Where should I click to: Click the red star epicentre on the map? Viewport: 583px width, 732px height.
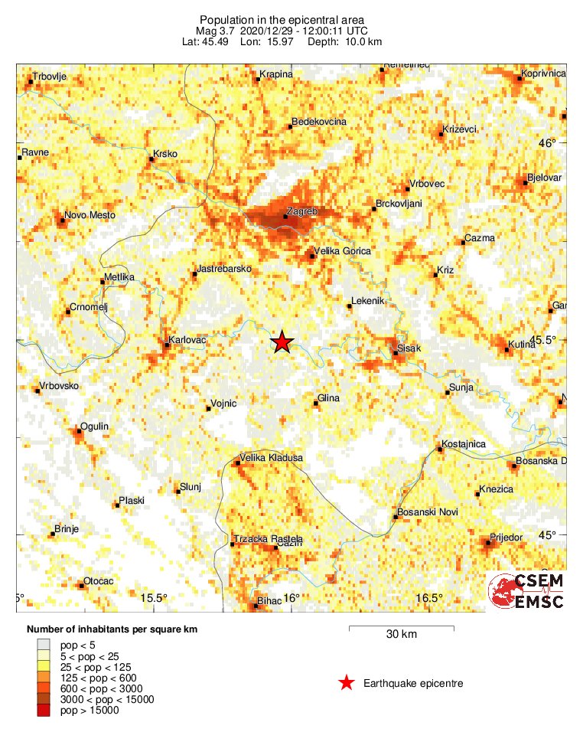pyautogui.click(x=282, y=342)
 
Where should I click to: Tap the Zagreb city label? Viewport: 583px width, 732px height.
pyautogui.click(x=301, y=210)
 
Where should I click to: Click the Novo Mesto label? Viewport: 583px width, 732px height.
pyautogui.click(x=90, y=215)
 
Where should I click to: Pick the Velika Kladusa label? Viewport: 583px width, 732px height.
pyautogui.click(x=272, y=458)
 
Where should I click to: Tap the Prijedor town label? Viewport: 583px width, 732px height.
pyautogui.click(x=506, y=538)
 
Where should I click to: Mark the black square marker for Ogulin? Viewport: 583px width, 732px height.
pyautogui.click(x=77, y=432)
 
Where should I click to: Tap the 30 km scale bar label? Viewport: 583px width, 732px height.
pyautogui.click(x=401, y=634)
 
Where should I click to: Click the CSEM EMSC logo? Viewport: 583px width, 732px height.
pyautogui.click(x=527, y=591)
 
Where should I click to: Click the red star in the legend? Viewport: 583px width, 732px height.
pyautogui.click(x=347, y=682)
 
